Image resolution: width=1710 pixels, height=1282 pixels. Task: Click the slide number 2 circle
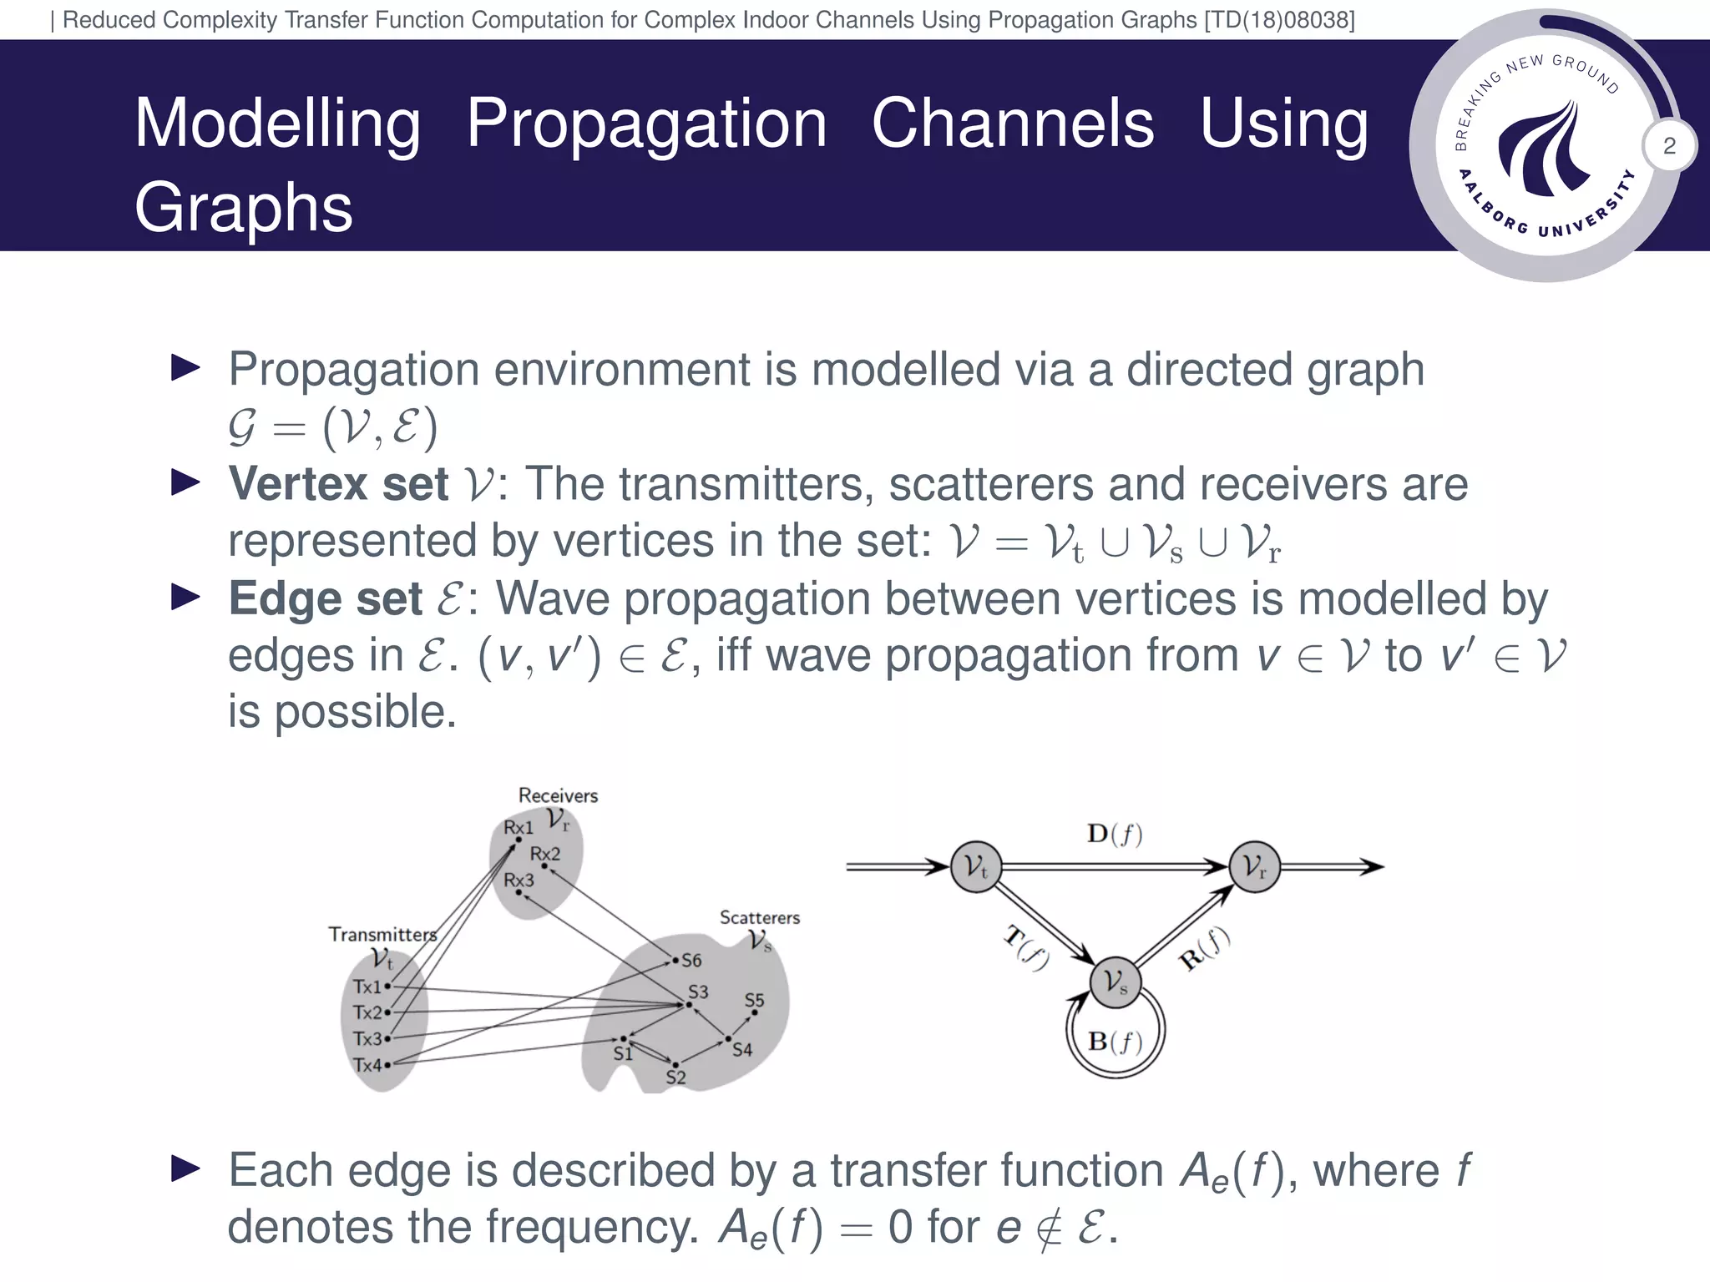pos(1669,146)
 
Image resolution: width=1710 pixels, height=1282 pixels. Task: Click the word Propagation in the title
pos(646,124)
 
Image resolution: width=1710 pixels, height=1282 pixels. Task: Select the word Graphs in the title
pos(243,207)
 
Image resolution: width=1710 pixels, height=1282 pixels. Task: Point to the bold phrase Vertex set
pos(338,484)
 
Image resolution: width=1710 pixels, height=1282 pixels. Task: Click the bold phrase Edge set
pos(326,598)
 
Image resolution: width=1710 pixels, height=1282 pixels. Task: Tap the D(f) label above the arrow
pos(1114,834)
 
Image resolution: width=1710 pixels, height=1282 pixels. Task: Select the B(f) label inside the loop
pos(1115,1041)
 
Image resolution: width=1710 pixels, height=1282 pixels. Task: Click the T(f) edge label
pos(1026,948)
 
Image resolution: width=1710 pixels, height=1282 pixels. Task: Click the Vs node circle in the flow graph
pos(1116,982)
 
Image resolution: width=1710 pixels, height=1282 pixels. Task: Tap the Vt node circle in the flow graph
pos(976,866)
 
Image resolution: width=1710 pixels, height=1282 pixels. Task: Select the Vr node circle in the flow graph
pos(1254,866)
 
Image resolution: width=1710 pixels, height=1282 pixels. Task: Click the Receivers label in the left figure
pos(558,795)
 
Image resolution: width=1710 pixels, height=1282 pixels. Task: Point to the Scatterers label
pos(759,917)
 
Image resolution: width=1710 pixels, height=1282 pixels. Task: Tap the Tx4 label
pos(367,1065)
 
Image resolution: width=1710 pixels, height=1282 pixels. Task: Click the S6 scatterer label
pos(691,961)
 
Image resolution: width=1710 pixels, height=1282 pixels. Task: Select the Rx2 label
pos(544,854)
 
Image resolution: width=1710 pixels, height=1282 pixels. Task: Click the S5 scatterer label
pos(754,1000)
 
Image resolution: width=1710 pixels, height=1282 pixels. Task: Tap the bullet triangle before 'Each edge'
pos(185,1168)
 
